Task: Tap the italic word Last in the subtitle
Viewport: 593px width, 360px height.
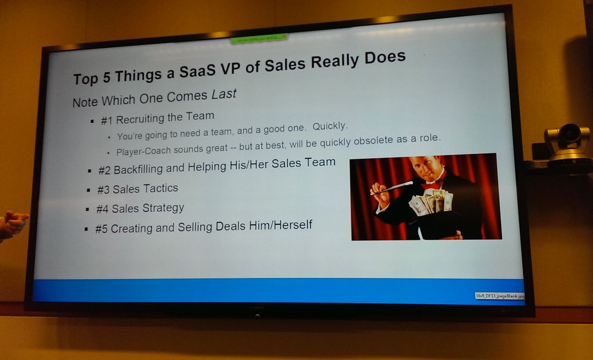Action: tap(224, 95)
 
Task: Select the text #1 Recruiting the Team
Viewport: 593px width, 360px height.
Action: tap(157, 118)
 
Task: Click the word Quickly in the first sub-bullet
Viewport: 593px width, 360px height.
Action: tap(331, 127)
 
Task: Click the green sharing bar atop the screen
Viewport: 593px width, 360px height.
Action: tap(259, 38)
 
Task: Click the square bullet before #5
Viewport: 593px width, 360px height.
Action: tap(86, 229)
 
